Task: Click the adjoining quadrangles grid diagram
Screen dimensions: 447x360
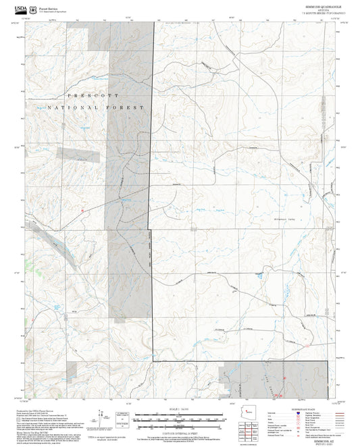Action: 254,429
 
